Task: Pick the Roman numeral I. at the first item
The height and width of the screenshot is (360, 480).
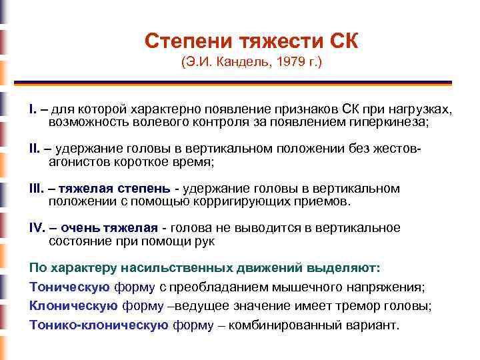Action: pyautogui.click(x=33, y=109)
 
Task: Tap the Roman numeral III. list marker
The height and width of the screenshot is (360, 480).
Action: pyautogui.click(x=37, y=189)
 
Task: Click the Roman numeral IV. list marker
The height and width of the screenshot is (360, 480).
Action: pyautogui.click(x=38, y=228)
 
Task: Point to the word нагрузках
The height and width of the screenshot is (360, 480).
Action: pyautogui.click(x=419, y=109)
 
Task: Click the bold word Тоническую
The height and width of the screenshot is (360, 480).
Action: pyautogui.click(x=69, y=287)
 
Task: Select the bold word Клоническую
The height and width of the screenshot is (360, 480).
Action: pyautogui.click(x=74, y=306)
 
